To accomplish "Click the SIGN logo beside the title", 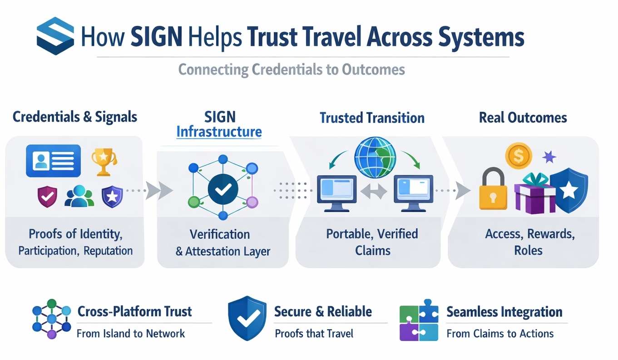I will pyautogui.click(x=55, y=36).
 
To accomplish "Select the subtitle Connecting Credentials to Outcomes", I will pyautogui.click(x=291, y=70).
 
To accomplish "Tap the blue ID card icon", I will pyautogui.click(x=54, y=160).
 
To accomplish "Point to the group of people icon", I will pyautogui.click(x=79, y=196).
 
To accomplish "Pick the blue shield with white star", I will pyautogui.click(x=569, y=190).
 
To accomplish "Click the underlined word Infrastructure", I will pyautogui.click(x=219, y=132).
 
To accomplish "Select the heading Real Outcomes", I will pyautogui.click(x=523, y=118).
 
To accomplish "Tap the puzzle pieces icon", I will pyautogui.click(x=419, y=320).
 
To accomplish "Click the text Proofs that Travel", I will pyautogui.click(x=314, y=334).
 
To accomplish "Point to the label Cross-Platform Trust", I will pyautogui.click(x=135, y=311).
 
